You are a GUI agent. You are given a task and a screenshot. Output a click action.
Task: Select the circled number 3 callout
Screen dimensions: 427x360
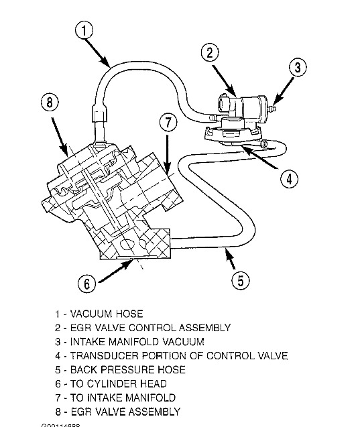point(298,67)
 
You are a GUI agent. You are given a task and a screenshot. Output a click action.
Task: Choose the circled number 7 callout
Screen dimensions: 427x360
point(168,123)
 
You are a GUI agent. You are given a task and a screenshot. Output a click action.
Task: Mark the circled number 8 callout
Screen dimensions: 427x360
point(49,104)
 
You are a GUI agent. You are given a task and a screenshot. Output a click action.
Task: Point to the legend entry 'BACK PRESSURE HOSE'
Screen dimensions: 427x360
point(120,370)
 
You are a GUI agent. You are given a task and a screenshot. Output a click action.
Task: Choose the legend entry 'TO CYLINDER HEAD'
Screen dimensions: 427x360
point(111,384)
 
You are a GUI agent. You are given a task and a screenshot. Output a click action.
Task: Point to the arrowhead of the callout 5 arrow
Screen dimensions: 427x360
point(226,252)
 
